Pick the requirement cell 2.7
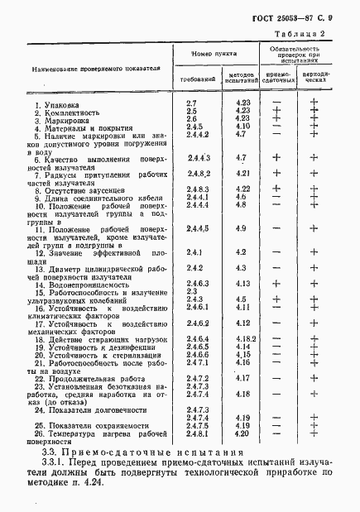pyautogui.click(x=191, y=101)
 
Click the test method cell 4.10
pyautogui.click(x=242, y=126)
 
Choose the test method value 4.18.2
pyautogui.click(x=242, y=339)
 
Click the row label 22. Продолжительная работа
pyautogui.click(x=85, y=378)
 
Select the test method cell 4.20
pyautogui.click(x=242, y=433)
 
